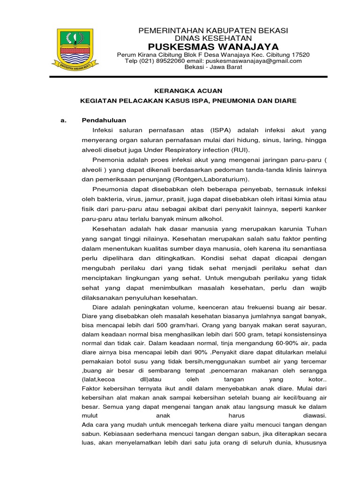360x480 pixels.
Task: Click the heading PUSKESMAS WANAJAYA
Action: pos(213,46)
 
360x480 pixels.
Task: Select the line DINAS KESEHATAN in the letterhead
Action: pos(213,38)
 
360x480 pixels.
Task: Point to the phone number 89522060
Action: pos(169,61)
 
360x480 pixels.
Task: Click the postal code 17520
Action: pos(300,55)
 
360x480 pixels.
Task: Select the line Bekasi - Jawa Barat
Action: pos(213,67)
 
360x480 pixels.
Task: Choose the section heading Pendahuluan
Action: pos(104,120)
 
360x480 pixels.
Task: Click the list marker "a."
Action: pos(64,120)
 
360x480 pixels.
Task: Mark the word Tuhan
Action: pos(316,229)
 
